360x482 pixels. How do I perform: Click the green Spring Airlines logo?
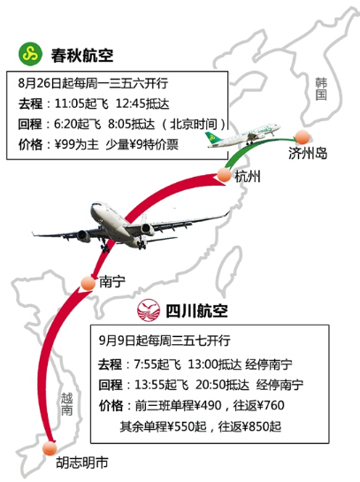click(30, 54)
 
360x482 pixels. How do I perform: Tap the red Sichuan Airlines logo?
click(149, 310)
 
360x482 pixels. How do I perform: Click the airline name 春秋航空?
click(82, 56)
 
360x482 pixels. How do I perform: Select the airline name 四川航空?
click(196, 310)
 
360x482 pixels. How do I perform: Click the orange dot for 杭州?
click(224, 174)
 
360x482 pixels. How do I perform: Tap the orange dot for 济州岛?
click(303, 137)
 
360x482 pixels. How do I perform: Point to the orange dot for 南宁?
click(88, 283)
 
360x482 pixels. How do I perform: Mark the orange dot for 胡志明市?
click(50, 448)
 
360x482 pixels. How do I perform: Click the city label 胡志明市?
click(82, 463)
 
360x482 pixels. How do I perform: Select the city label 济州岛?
click(308, 153)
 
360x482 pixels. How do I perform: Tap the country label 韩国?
click(321, 88)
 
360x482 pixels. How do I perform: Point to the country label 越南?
click(66, 404)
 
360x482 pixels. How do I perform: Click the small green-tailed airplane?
click(243, 135)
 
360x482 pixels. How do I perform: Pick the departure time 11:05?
click(69, 103)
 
